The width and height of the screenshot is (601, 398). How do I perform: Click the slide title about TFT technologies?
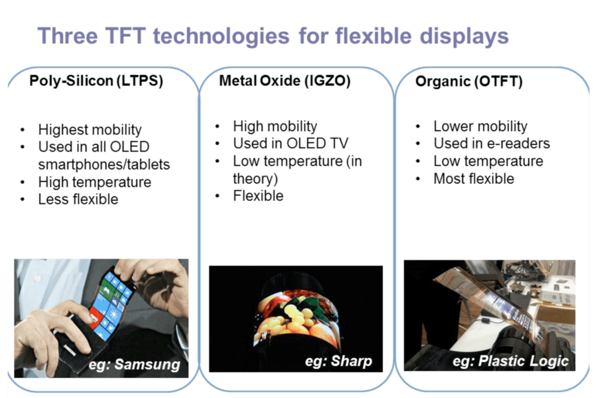[273, 35]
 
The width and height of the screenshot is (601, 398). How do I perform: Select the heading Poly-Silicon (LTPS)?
[96, 81]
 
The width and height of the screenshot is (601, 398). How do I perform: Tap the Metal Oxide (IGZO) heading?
[284, 81]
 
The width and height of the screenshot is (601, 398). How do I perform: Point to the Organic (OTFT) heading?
[469, 82]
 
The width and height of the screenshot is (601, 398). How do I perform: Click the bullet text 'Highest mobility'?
[90, 129]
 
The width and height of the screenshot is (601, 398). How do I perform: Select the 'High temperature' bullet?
[94, 182]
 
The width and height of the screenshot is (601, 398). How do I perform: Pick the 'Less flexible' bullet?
[78, 199]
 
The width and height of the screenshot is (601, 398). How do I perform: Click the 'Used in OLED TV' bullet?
[290, 144]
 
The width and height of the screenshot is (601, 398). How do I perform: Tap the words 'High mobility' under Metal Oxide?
[275, 126]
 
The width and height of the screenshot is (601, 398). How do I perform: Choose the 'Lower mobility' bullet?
[480, 126]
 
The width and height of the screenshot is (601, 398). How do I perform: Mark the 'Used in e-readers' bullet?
[492, 144]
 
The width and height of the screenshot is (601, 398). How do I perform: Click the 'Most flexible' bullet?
[474, 179]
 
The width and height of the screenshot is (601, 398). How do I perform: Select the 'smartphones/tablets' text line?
[104, 164]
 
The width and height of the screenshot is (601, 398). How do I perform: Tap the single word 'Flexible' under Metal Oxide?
[258, 196]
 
